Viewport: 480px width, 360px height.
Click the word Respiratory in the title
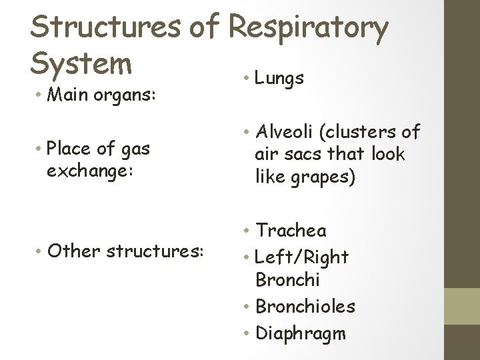point(308,28)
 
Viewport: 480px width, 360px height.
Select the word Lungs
point(279,78)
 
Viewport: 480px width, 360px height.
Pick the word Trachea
point(291,231)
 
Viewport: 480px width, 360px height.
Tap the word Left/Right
point(302,257)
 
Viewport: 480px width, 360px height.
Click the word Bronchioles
point(305,307)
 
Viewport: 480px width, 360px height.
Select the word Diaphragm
point(301,332)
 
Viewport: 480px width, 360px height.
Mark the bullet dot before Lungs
point(246,79)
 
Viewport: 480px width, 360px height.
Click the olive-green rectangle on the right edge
point(462,307)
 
